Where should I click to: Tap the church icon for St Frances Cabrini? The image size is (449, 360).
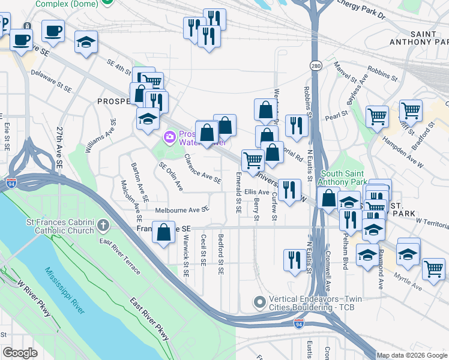click(103, 226)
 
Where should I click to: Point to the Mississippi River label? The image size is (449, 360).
click(65, 290)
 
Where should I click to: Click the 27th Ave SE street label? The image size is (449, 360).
click(59, 146)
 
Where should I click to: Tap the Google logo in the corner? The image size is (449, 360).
click(20, 352)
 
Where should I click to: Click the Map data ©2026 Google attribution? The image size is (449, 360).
click(412, 355)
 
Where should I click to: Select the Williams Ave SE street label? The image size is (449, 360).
click(100, 135)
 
